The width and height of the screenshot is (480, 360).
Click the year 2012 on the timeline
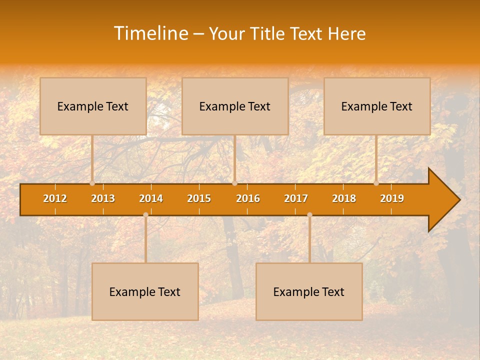pos(55,198)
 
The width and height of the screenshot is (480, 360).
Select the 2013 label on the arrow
pos(103,198)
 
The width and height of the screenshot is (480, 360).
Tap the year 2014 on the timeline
pos(151,198)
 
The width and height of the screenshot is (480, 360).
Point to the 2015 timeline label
pos(199,198)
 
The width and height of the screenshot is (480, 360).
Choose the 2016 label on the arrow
pos(248,198)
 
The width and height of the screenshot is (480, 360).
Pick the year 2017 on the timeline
pos(296,198)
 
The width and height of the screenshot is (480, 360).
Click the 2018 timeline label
pos(344,198)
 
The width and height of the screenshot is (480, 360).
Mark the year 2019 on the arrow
pos(392,198)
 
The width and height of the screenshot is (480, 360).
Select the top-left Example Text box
pos(93,106)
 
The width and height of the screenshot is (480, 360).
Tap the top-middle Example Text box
pos(235,106)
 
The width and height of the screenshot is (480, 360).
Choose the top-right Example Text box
pos(377,106)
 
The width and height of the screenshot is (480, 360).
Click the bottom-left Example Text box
pos(145,291)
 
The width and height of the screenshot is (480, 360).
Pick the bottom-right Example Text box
pos(309,291)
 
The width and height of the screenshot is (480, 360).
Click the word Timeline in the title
pos(150,33)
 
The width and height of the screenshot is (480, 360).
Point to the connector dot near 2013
pos(92,183)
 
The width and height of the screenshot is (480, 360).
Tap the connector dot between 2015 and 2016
pos(234,183)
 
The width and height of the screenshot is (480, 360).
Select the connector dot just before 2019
pos(376,183)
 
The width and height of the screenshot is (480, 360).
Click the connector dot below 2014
pos(145,214)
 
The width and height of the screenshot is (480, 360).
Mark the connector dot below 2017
pos(309,214)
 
